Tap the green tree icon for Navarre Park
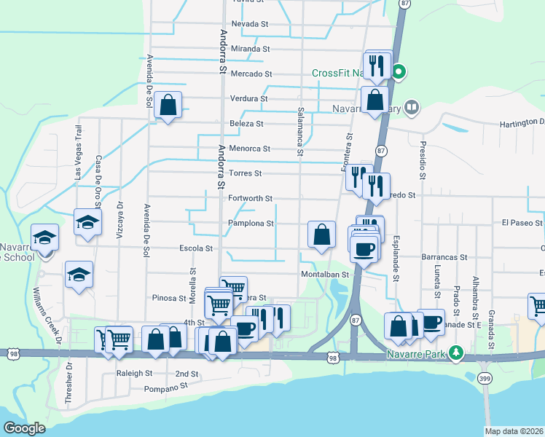(x=457, y=353)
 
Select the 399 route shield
(x=485, y=379)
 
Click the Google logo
(x=24, y=428)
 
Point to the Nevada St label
(x=250, y=24)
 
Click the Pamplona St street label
(x=250, y=224)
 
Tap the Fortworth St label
(x=250, y=198)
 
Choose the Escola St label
(x=199, y=248)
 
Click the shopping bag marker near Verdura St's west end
(x=168, y=106)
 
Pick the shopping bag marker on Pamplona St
(x=321, y=235)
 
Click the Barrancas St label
(x=443, y=257)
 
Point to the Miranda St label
(x=251, y=49)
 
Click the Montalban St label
(x=326, y=275)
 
